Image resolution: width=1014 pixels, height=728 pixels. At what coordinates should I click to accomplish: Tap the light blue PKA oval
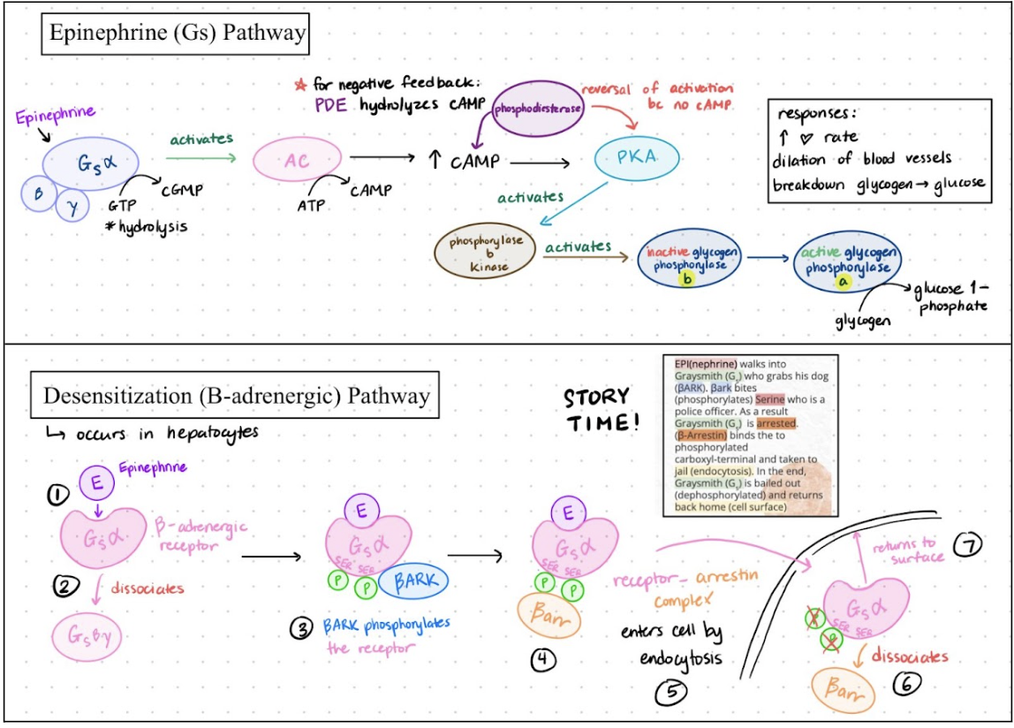tap(638, 160)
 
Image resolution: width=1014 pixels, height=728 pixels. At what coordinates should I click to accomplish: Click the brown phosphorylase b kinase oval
tap(486, 254)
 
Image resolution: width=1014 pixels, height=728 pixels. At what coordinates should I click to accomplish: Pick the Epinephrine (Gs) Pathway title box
tap(177, 34)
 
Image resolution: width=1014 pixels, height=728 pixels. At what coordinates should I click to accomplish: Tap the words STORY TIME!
tap(600, 409)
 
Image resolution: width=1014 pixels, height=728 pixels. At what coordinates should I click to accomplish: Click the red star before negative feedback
tap(299, 87)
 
